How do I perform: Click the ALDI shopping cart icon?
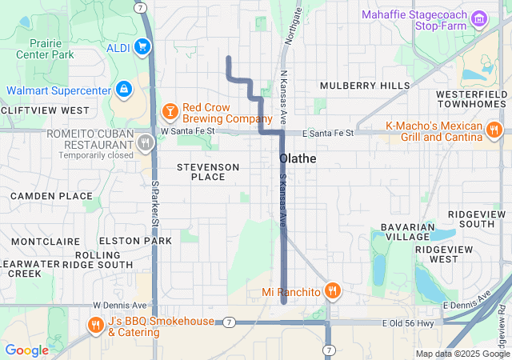(x=143, y=47)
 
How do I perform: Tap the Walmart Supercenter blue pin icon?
(x=123, y=89)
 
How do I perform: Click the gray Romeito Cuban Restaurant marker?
(x=145, y=143)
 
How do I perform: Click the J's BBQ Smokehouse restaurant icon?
(x=95, y=324)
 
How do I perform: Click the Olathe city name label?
(x=298, y=158)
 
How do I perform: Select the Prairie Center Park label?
(x=46, y=49)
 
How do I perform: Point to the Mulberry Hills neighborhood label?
(x=364, y=86)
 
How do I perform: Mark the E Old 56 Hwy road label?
(x=409, y=322)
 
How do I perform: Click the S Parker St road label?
(x=154, y=202)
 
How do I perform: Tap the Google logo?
(x=26, y=350)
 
